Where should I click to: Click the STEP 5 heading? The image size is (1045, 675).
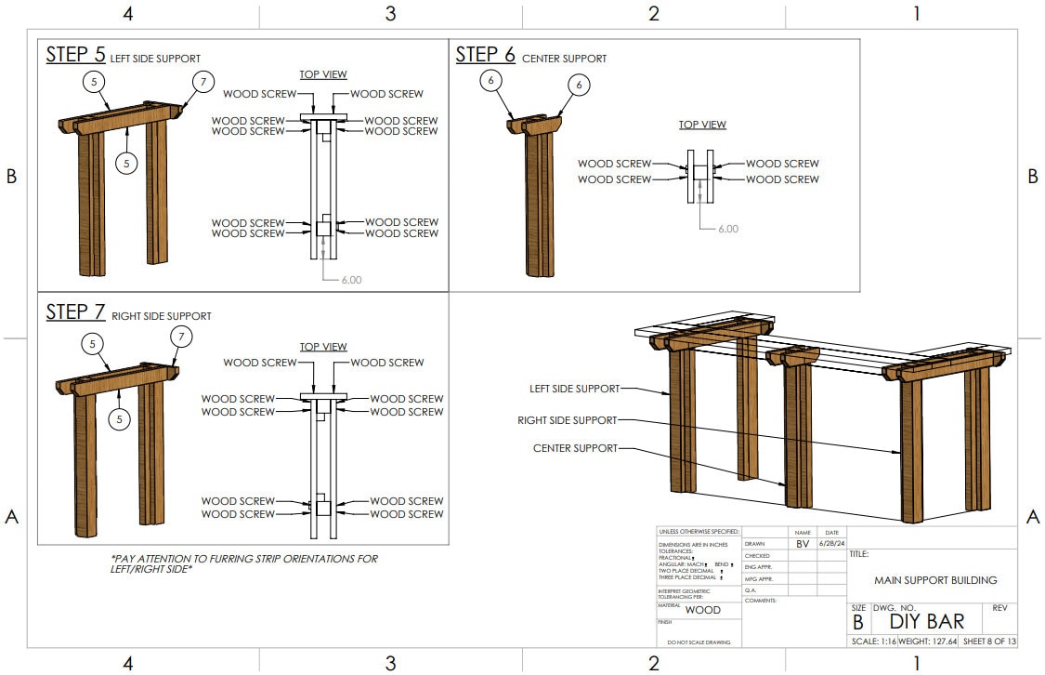[x=75, y=55]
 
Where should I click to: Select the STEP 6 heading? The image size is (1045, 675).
[x=485, y=55]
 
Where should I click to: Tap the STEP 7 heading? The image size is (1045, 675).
[x=75, y=312]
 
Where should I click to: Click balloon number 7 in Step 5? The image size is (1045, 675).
[x=204, y=81]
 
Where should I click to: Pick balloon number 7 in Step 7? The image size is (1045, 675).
[x=181, y=336]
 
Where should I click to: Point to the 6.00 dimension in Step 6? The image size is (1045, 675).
[x=728, y=228]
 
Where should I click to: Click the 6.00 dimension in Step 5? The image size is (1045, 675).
[x=351, y=279]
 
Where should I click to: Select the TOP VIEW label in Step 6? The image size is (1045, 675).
[x=702, y=125]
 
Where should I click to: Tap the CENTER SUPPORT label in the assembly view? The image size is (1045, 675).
[x=575, y=448]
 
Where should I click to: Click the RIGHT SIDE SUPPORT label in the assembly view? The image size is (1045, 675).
[x=567, y=420]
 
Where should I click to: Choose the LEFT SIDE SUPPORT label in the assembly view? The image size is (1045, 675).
[x=575, y=389]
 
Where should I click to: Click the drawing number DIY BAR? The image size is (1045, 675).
[x=926, y=622]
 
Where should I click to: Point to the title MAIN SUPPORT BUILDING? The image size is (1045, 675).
[x=935, y=580]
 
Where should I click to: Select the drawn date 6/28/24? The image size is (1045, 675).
[x=831, y=543]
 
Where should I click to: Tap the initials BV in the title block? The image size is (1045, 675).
[x=803, y=543]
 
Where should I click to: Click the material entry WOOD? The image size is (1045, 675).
[x=702, y=611]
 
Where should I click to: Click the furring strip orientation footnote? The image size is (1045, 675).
[x=243, y=564]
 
